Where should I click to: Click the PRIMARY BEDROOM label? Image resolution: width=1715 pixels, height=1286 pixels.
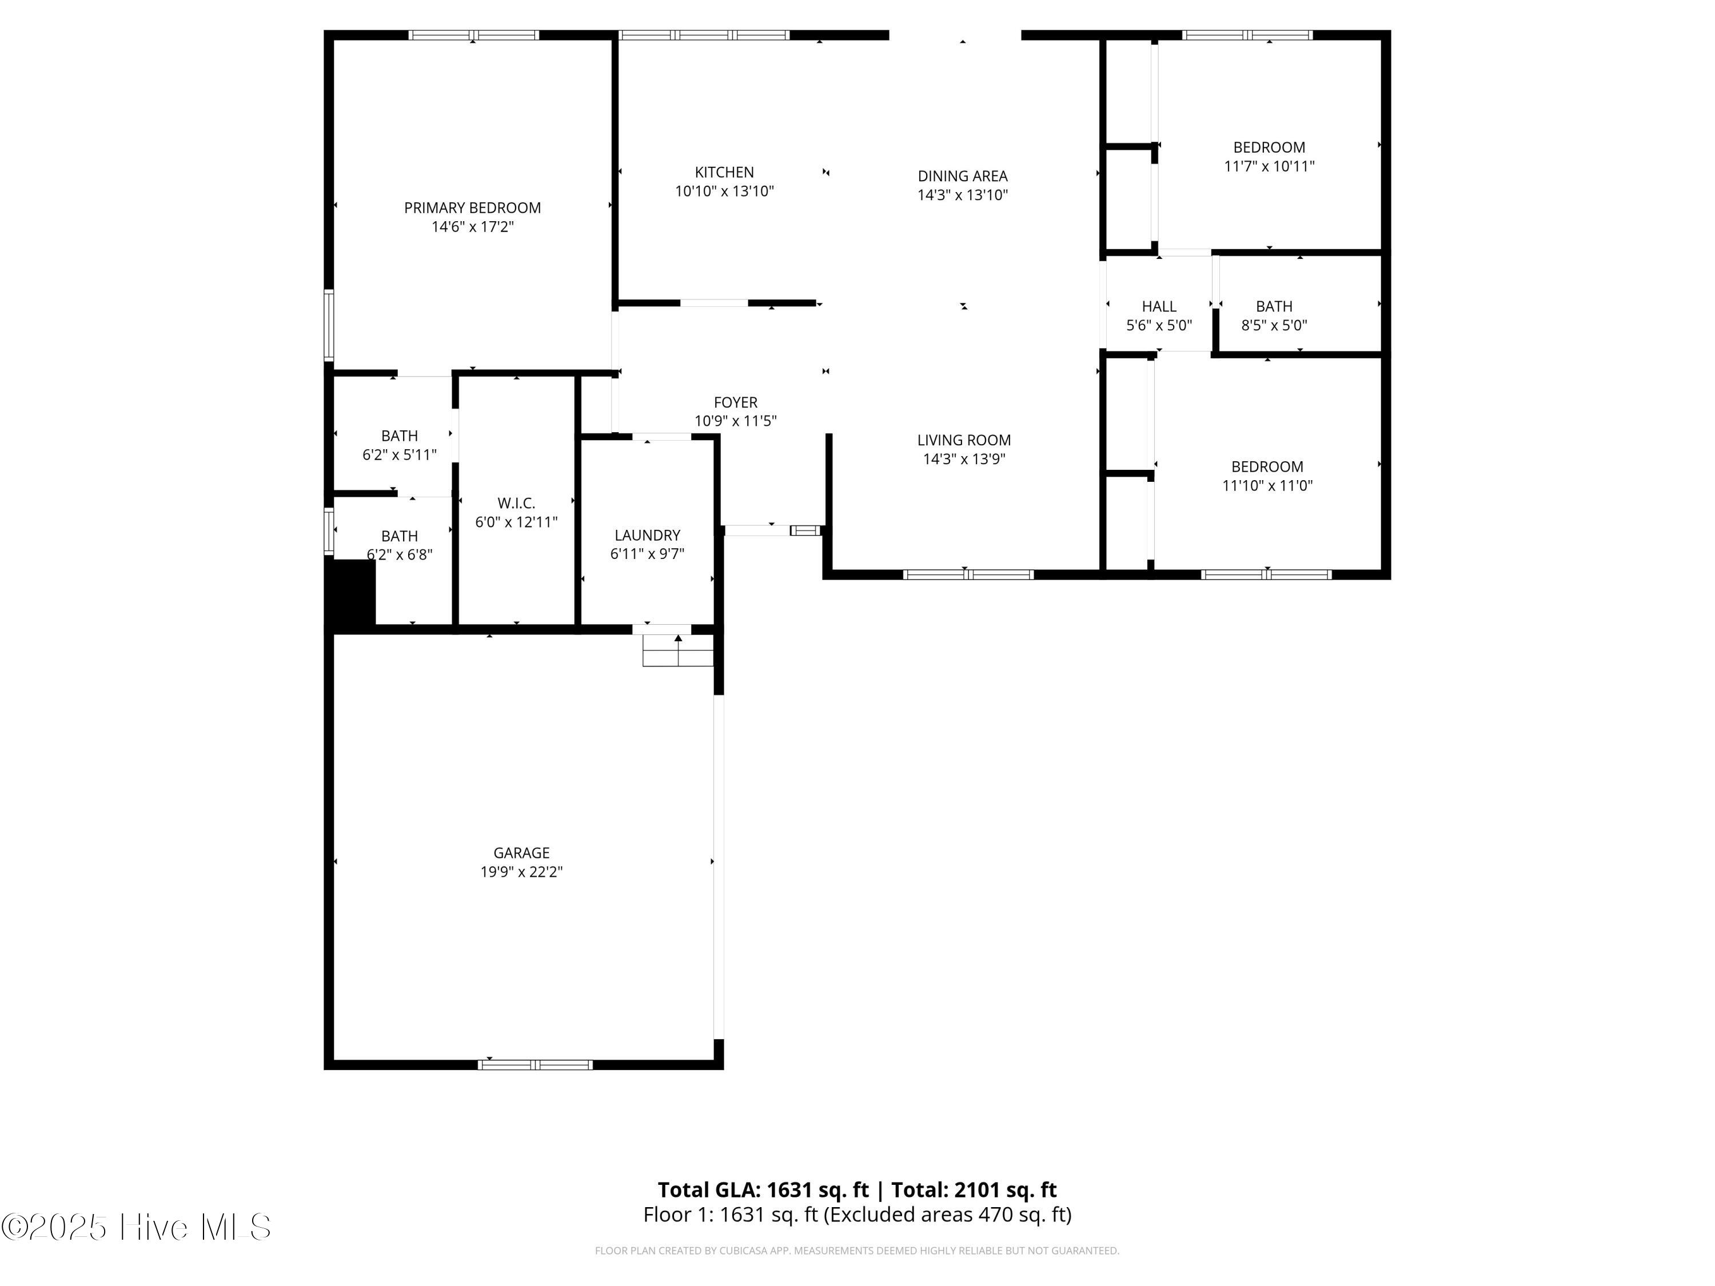point(472,207)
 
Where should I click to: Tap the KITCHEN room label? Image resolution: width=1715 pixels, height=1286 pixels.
point(724,172)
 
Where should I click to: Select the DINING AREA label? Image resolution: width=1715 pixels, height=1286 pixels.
point(962,176)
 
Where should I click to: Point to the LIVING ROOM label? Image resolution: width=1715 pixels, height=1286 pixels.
point(964,440)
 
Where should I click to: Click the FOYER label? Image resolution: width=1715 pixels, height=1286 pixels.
point(736,402)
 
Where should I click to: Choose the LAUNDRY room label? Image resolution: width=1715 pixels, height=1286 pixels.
point(647,535)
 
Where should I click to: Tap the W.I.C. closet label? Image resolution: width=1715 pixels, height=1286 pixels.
point(516,503)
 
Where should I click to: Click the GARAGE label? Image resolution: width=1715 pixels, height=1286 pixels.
point(522,853)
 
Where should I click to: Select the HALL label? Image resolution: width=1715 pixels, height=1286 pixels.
point(1159,306)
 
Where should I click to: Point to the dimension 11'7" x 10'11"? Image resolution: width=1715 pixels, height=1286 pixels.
point(1269,166)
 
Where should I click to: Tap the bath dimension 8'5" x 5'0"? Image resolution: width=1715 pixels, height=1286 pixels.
point(1274,326)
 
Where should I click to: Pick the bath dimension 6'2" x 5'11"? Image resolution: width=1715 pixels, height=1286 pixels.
point(399,455)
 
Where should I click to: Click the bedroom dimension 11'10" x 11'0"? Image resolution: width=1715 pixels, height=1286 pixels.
point(1267,486)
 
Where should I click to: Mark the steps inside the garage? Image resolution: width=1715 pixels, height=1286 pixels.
point(677,650)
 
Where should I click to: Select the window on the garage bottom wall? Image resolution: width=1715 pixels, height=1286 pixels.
point(535,1065)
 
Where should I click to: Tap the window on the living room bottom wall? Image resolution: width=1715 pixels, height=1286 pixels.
point(968,574)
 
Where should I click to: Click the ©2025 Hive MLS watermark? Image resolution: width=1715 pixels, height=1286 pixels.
point(137,1227)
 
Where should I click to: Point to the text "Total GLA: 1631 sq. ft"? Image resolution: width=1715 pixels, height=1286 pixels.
point(763,1190)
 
